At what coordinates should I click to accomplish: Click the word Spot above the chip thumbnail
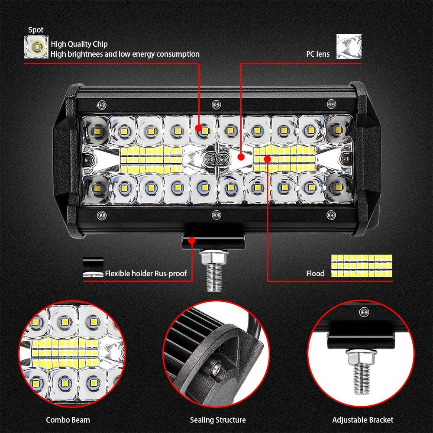coord(36,30)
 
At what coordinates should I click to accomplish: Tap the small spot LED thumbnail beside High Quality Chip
coord(36,47)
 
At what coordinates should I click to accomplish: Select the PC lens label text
coord(318,54)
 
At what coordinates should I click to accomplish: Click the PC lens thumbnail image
coord(349,46)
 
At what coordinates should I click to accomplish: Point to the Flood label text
coord(315,274)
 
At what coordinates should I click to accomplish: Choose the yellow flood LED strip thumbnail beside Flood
coord(362,266)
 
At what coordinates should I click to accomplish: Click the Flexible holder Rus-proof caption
coord(146,274)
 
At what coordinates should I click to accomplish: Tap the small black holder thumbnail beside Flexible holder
coord(94,267)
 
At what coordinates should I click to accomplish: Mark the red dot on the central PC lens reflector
coord(241,157)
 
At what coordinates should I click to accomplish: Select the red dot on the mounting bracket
coord(192,241)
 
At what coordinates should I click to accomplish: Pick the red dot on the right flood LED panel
coord(267,159)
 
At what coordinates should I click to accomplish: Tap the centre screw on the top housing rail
coord(216,105)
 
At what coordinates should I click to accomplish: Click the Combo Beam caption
coord(68,420)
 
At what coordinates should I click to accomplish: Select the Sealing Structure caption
coord(218,420)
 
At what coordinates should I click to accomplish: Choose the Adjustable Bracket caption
coord(363,420)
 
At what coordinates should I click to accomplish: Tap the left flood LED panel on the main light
coord(151,160)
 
